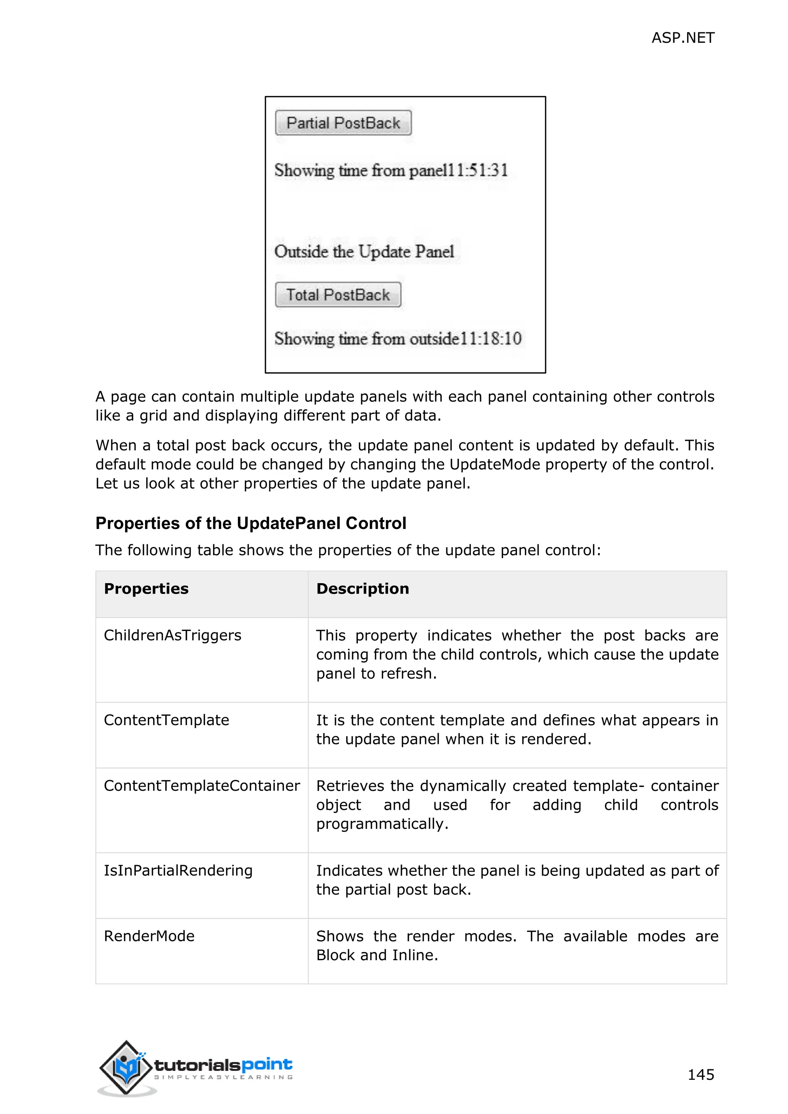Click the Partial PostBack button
[343, 123]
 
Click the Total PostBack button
[338, 295]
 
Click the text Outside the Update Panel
[364, 251]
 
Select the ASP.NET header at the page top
[682, 38]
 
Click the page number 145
[701, 1074]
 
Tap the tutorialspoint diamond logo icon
[126, 1067]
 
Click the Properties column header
[146, 589]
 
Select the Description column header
[362, 589]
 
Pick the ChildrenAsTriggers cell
[172, 635]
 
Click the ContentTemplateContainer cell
[202, 785]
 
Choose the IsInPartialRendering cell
[178, 871]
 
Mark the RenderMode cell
[149, 936]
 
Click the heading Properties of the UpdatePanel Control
[251, 523]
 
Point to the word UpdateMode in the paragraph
[494, 464]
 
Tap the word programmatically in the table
[382, 824]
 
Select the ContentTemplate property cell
[167, 720]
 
